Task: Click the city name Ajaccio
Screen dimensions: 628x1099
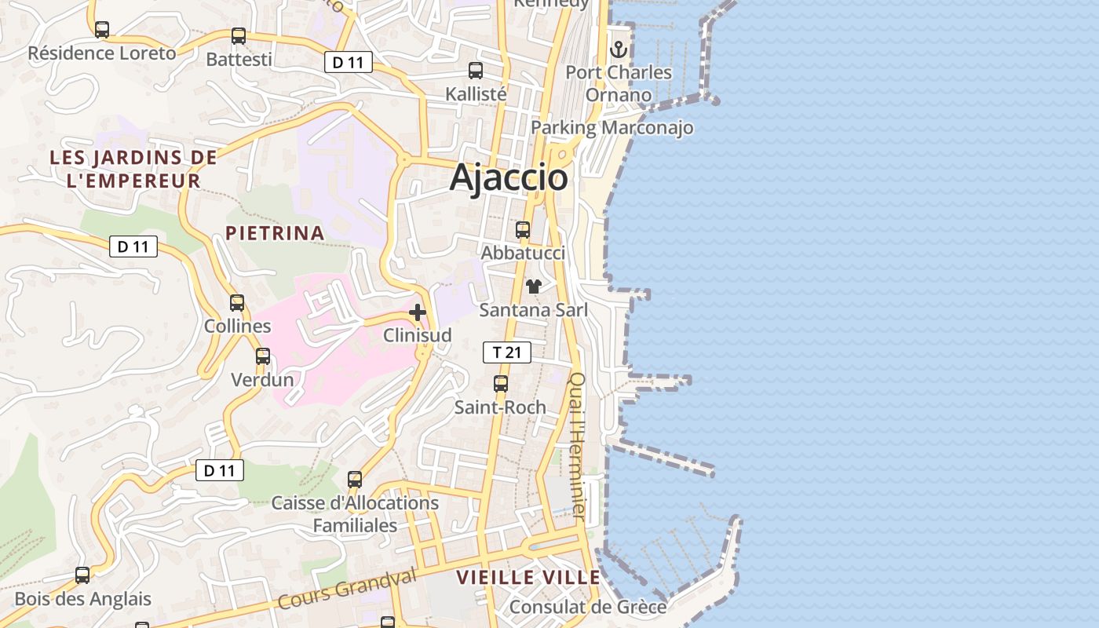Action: click(509, 178)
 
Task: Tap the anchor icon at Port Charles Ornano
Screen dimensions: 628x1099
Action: click(619, 49)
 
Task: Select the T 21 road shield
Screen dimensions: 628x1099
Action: click(506, 352)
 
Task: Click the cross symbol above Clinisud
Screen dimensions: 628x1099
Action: click(418, 312)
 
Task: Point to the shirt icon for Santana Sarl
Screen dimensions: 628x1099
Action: click(534, 287)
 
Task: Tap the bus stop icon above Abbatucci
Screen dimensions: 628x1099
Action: click(523, 230)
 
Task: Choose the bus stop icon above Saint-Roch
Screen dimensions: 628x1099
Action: click(501, 384)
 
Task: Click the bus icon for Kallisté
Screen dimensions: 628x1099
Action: click(476, 71)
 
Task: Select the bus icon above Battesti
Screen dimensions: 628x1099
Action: click(239, 36)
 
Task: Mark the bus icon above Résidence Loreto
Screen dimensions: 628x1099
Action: click(102, 30)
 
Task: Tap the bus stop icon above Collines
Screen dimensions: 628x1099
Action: click(237, 302)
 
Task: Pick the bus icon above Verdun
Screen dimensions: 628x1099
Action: click(263, 356)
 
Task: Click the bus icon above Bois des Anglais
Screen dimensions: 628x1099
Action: click(82, 575)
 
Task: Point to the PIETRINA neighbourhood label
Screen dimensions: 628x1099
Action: click(275, 232)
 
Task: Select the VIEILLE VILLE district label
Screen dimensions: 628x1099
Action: click(528, 578)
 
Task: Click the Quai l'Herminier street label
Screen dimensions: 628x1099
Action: click(577, 444)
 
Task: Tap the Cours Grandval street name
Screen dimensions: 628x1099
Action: click(346, 590)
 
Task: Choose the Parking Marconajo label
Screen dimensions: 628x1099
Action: click(612, 127)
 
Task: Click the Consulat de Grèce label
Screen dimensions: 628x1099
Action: click(588, 607)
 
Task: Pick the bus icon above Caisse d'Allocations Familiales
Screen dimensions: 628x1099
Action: click(355, 479)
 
